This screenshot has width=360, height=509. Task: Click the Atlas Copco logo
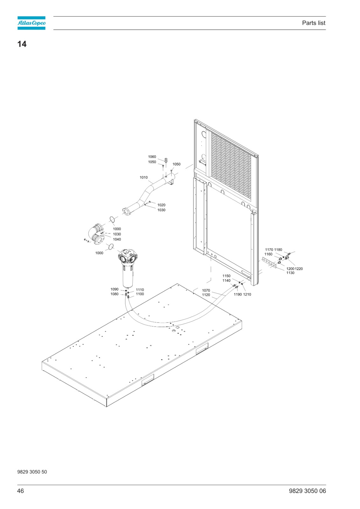tap(32, 23)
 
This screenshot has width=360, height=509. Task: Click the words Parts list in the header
tap(314, 23)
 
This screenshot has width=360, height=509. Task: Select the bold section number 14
tap(22, 44)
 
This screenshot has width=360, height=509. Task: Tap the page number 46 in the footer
tap(20, 491)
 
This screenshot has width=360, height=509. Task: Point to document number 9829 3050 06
tap(307, 491)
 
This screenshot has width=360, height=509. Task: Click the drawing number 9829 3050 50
tap(32, 472)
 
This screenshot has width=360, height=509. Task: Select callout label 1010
tap(144, 178)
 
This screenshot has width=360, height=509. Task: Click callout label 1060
tap(152, 157)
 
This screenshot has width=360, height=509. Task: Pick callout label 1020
tap(161, 205)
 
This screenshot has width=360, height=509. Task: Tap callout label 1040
tap(117, 239)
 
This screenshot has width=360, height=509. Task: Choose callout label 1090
tap(114, 289)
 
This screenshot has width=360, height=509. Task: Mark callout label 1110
tap(140, 290)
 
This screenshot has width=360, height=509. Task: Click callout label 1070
tap(206, 290)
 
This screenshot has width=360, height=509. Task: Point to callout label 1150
tap(226, 276)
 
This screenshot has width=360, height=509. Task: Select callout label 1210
tap(247, 295)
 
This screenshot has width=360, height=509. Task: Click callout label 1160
tap(268, 254)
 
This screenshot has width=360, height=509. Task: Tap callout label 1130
tap(290, 273)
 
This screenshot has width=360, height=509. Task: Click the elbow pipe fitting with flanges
tap(96, 234)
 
